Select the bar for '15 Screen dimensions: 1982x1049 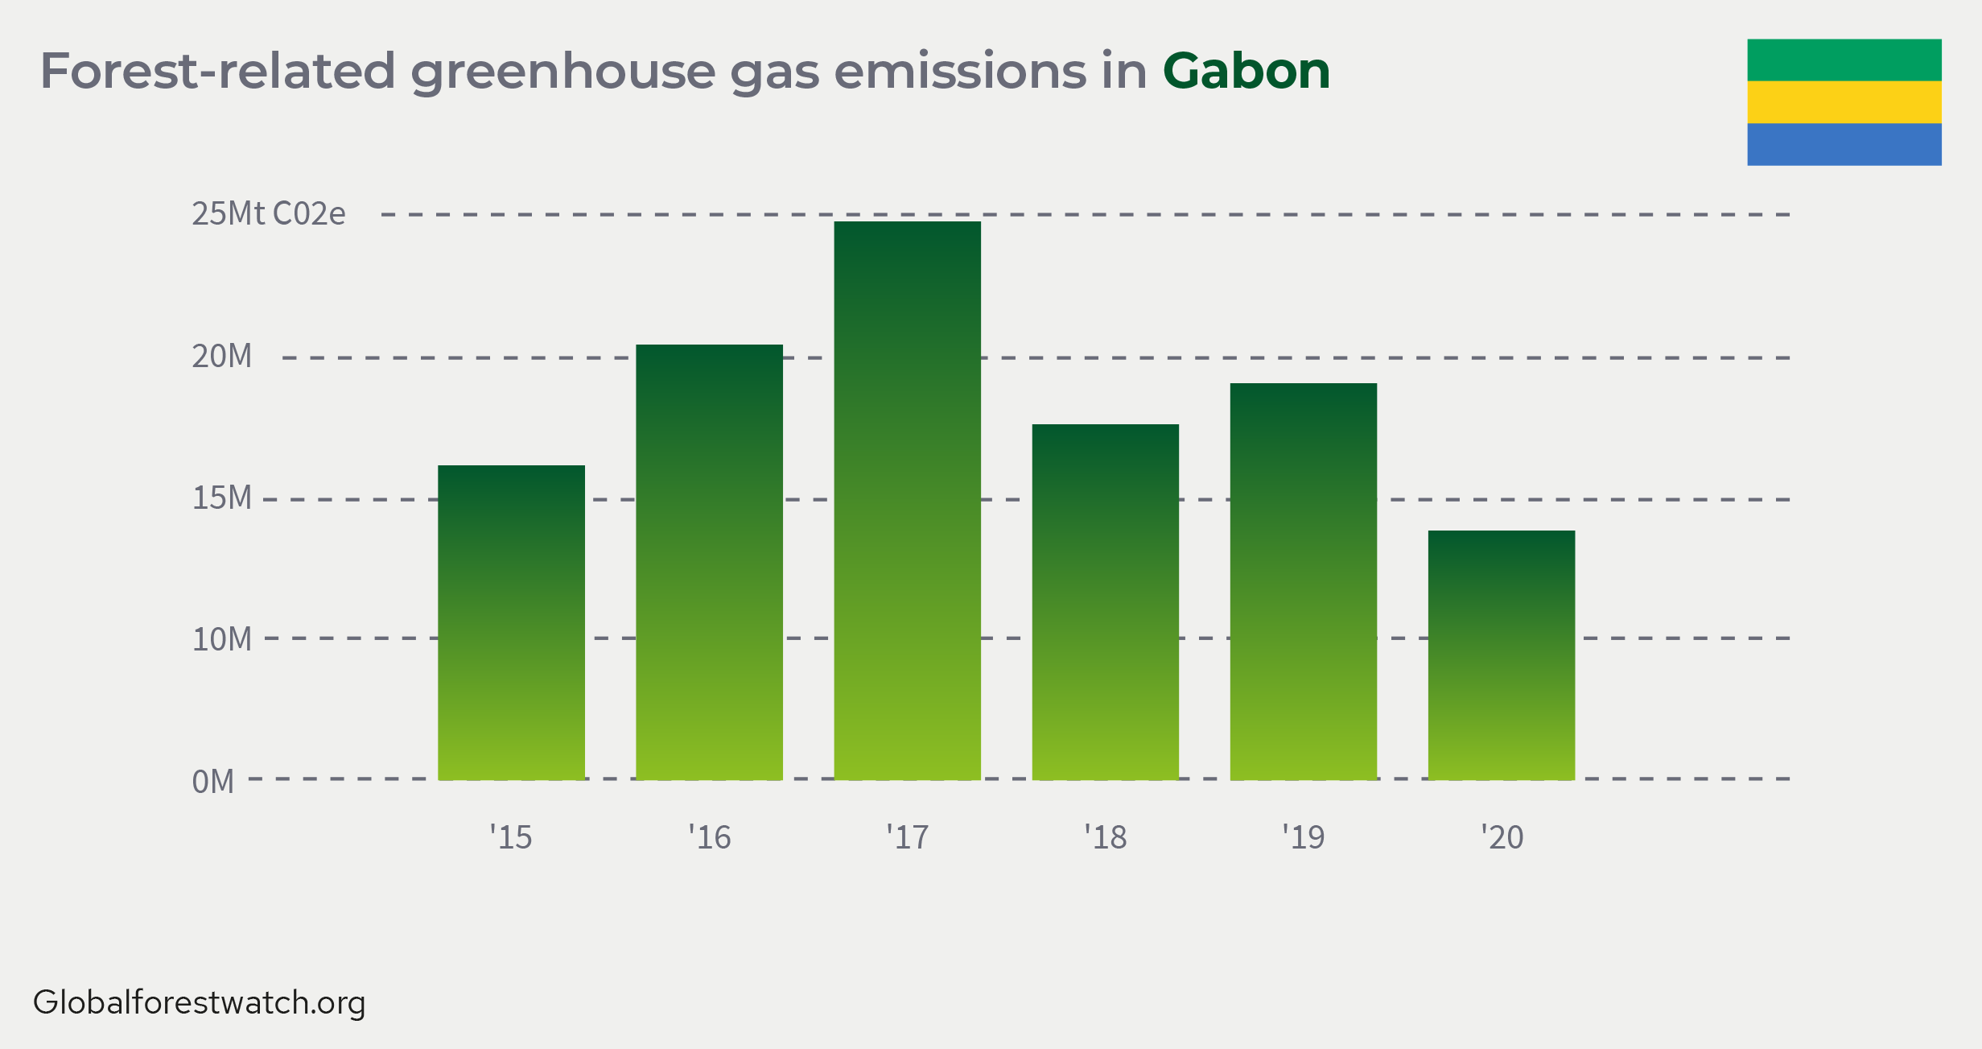point(511,622)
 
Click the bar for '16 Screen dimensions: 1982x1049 point(709,562)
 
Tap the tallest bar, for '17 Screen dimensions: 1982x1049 point(907,501)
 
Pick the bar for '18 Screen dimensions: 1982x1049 point(1105,602)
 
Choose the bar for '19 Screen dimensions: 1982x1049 point(1303,581)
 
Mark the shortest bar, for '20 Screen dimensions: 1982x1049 point(1501,655)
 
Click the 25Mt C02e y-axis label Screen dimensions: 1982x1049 point(269,213)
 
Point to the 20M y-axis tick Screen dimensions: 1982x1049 point(221,356)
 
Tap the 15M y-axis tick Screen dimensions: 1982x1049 point(221,498)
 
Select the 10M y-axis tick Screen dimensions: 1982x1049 point(221,639)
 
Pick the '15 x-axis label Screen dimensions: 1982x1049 point(511,837)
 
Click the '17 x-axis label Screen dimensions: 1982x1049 point(907,837)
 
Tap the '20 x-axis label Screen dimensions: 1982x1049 point(1502,837)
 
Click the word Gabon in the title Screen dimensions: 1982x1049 point(1246,71)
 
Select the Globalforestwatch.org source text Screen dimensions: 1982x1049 point(200,1003)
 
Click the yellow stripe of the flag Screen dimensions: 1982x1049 point(1844,102)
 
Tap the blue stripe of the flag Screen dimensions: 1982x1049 point(1844,144)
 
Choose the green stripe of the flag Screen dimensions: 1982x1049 point(1844,60)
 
